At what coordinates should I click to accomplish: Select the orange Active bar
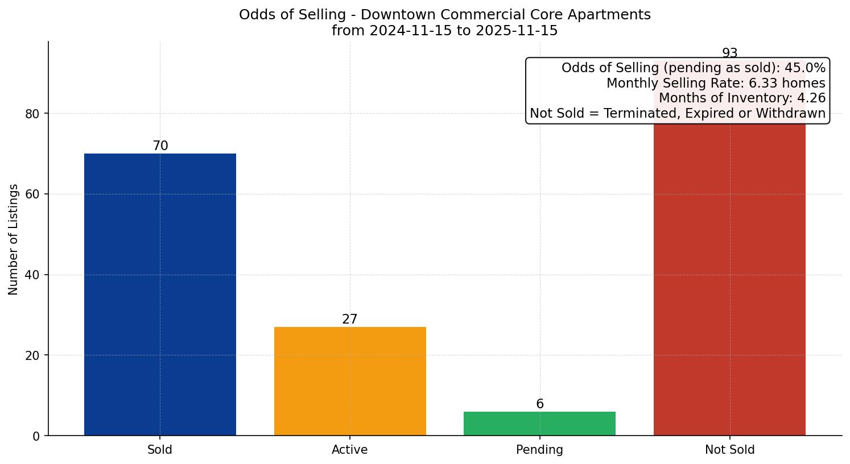tap(350, 381)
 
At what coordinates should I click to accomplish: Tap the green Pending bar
tap(539, 424)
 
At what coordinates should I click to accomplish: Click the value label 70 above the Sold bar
tap(160, 146)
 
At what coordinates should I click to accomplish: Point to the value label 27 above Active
tap(350, 320)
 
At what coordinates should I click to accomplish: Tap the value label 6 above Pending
tap(539, 404)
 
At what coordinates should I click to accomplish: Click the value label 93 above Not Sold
tap(729, 53)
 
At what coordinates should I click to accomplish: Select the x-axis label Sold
tap(160, 450)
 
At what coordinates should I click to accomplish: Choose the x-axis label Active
tap(350, 450)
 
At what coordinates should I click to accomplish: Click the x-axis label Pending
tap(539, 450)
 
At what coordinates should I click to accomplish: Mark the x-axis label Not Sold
tap(729, 450)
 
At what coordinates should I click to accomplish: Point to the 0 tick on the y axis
tap(36, 436)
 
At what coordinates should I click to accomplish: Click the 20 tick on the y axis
tap(32, 355)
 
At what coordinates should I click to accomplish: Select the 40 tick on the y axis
tap(32, 275)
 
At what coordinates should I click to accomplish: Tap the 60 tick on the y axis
tap(32, 194)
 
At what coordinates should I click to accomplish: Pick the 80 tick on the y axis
tap(32, 114)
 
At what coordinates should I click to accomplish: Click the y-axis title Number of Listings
tap(14, 239)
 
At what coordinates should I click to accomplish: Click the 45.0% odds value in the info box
tap(804, 68)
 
